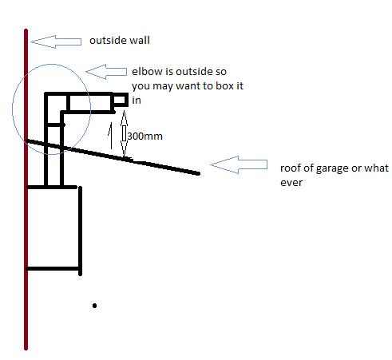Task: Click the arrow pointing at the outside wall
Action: (56, 42)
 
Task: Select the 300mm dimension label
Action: (145, 136)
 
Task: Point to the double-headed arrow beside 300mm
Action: (124, 133)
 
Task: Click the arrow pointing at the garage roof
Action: (239, 164)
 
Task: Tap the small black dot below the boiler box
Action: (94, 306)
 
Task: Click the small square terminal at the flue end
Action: (120, 100)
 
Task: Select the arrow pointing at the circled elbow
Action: (106, 72)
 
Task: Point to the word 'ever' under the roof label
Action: (291, 183)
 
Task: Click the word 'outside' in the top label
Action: (109, 41)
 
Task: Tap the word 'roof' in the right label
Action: (290, 168)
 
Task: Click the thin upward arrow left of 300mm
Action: (110, 136)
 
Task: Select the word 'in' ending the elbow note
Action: (137, 101)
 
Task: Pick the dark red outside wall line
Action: (26, 189)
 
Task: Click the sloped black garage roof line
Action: (113, 156)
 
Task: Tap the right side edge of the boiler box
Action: (80, 231)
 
